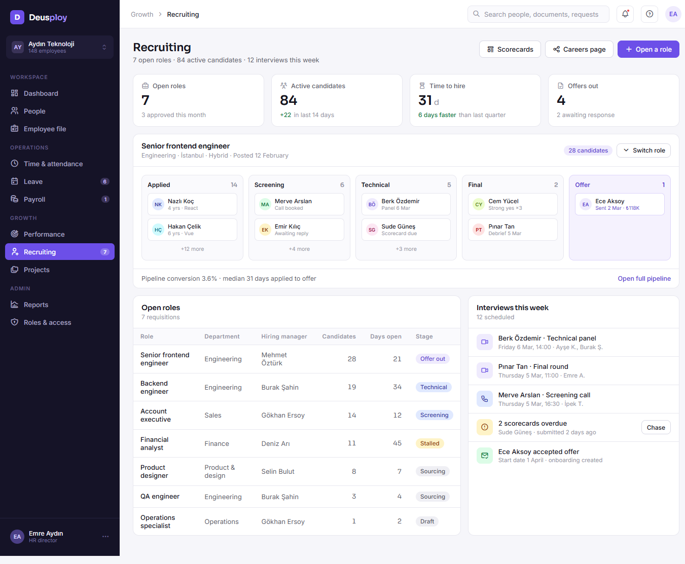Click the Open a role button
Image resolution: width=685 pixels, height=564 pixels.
[648, 49]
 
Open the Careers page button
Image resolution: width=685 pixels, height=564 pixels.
[579, 49]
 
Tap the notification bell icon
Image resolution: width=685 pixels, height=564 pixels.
[625, 14]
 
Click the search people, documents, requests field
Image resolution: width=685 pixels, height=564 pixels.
[538, 14]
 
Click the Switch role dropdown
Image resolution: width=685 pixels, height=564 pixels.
[643, 150]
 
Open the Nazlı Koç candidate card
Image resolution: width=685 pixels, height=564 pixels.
[192, 204]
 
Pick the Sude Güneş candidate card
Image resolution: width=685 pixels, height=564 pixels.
[406, 230]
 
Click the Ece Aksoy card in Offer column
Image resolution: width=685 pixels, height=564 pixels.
[620, 204]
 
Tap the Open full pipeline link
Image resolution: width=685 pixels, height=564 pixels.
[644, 278]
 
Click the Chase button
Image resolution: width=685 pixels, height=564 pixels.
[656, 427]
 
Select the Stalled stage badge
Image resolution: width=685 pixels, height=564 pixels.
[429, 443]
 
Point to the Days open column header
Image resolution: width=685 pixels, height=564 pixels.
[385, 336]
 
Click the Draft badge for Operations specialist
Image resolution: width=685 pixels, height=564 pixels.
[427, 521]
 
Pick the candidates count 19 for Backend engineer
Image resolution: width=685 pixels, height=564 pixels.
[352, 387]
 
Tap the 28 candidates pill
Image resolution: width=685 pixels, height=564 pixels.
[588, 150]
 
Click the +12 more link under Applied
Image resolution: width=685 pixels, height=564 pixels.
[192, 249]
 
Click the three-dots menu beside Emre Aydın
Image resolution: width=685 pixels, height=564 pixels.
[105, 537]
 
